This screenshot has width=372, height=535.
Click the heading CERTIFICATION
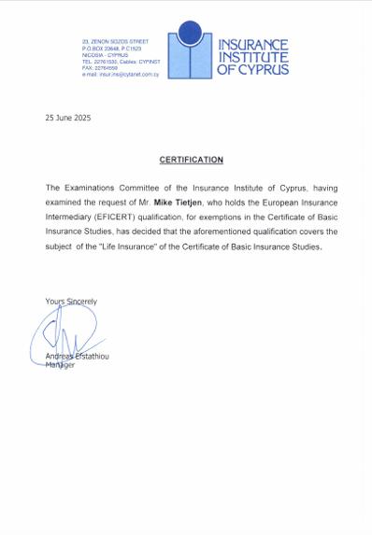click(191, 160)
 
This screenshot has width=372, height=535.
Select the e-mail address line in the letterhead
click(116, 74)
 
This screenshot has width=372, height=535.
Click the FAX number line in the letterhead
click(100, 68)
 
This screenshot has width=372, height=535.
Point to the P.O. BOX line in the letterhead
click(110, 48)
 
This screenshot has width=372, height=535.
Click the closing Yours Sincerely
click(71, 301)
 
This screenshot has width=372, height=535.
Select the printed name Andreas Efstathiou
click(79, 357)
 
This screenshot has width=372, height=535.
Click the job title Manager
click(60, 364)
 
